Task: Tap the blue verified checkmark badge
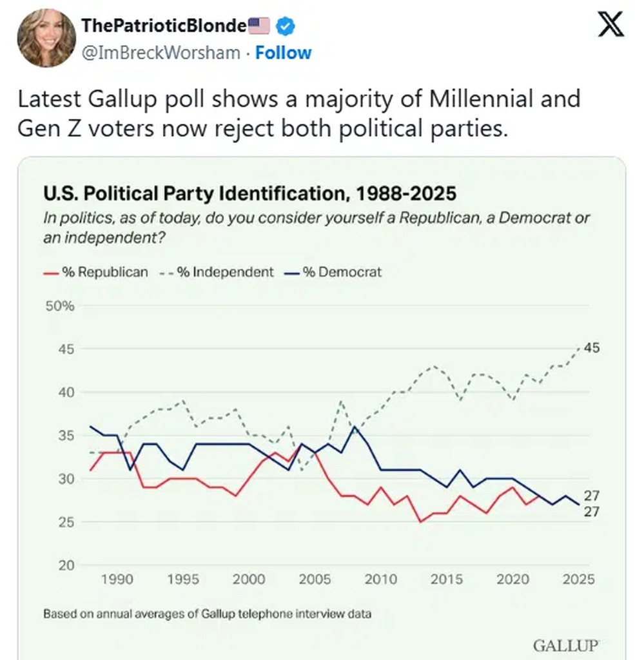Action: (x=286, y=26)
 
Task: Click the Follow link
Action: (x=283, y=52)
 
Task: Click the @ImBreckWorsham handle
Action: (x=161, y=52)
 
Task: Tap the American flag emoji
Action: (x=259, y=26)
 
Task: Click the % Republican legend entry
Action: (x=96, y=272)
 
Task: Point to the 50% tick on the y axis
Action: (x=60, y=306)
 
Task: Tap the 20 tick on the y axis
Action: (x=66, y=565)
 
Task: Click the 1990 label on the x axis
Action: (x=117, y=579)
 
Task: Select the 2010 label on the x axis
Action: (x=381, y=579)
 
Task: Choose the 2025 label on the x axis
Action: (x=578, y=579)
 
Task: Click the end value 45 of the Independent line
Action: (x=592, y=348)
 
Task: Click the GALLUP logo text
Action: (x=566, y=645)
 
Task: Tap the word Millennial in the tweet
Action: (x=469, y=99)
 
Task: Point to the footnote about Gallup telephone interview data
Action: (x=207, y=614)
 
